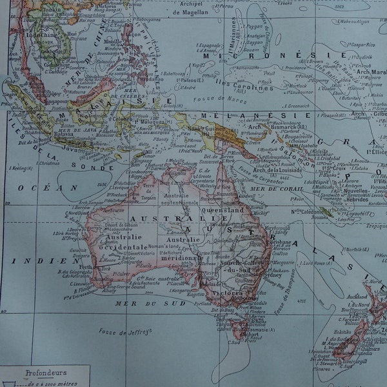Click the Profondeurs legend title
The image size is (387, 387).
pyautogui.click(x=41, y=372)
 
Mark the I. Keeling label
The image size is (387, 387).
pyautogui.click(x=22, y=169)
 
